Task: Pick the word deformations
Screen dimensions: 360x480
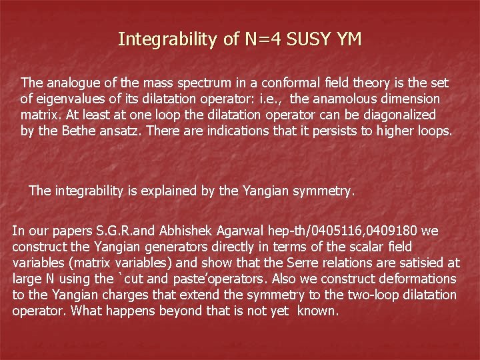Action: click(x=424, y=279)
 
